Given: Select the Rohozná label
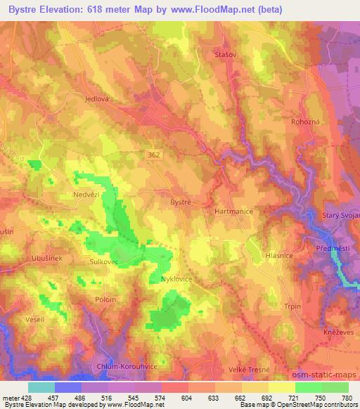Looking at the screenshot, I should pos(305,122).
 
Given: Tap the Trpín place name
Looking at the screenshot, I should pos(291,306).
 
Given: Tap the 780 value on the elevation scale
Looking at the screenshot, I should pos(346,397).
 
